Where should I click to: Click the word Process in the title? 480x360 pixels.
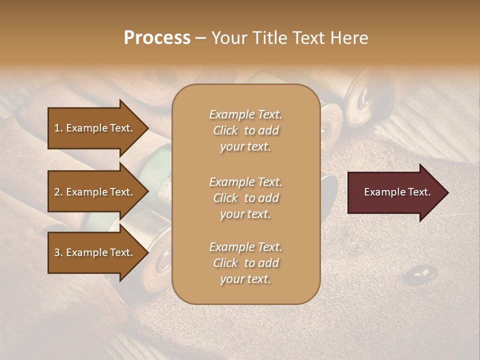coord(157,38)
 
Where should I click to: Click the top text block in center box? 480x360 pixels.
coord(245,130)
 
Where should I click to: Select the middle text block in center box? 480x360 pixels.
coord(245,198)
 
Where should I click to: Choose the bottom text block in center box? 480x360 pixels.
coord(245,263)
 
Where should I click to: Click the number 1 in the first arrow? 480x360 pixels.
coord(57,128)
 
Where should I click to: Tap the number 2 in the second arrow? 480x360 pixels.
coord(57,192)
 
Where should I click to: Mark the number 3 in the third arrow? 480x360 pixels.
coord(57,252)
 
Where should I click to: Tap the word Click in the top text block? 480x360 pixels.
coord(225,130)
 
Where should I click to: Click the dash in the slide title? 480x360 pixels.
coord(201,38)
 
